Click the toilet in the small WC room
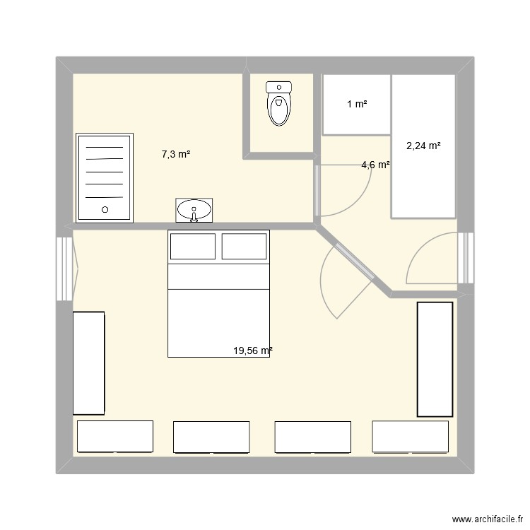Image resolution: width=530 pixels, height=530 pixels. tap(279, 103)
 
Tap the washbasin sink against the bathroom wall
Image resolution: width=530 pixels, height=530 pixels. tap(194, 211)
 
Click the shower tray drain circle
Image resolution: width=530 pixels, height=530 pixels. tap(105, 210)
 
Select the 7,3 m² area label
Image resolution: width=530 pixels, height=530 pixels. tap(176, 154)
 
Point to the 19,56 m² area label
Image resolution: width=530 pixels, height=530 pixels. tap(253, 351)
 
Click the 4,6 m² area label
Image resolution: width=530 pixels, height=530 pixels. tap(375, 165)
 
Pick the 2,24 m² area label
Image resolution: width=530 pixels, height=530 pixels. tap(423, 146)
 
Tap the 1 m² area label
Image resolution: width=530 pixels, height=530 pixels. tap(357, 104)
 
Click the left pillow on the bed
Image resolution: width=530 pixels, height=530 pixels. tap(193, 247)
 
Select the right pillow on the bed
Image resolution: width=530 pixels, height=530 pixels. tap(244, 247)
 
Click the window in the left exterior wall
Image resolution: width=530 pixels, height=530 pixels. tap(64, 269)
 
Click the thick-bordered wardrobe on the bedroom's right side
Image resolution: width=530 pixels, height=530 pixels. tap(435, 359)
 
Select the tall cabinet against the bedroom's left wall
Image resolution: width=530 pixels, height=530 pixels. tap(88, 363)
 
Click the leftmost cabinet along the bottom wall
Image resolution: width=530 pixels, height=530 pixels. tap(115, 437)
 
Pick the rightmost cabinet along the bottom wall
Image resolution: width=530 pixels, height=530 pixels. tap(411, 437)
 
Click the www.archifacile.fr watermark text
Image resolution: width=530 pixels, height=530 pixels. tap(487, 519)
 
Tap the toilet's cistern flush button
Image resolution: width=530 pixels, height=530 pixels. tap(279, 87)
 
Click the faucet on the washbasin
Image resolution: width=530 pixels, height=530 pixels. tap(194, 215)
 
